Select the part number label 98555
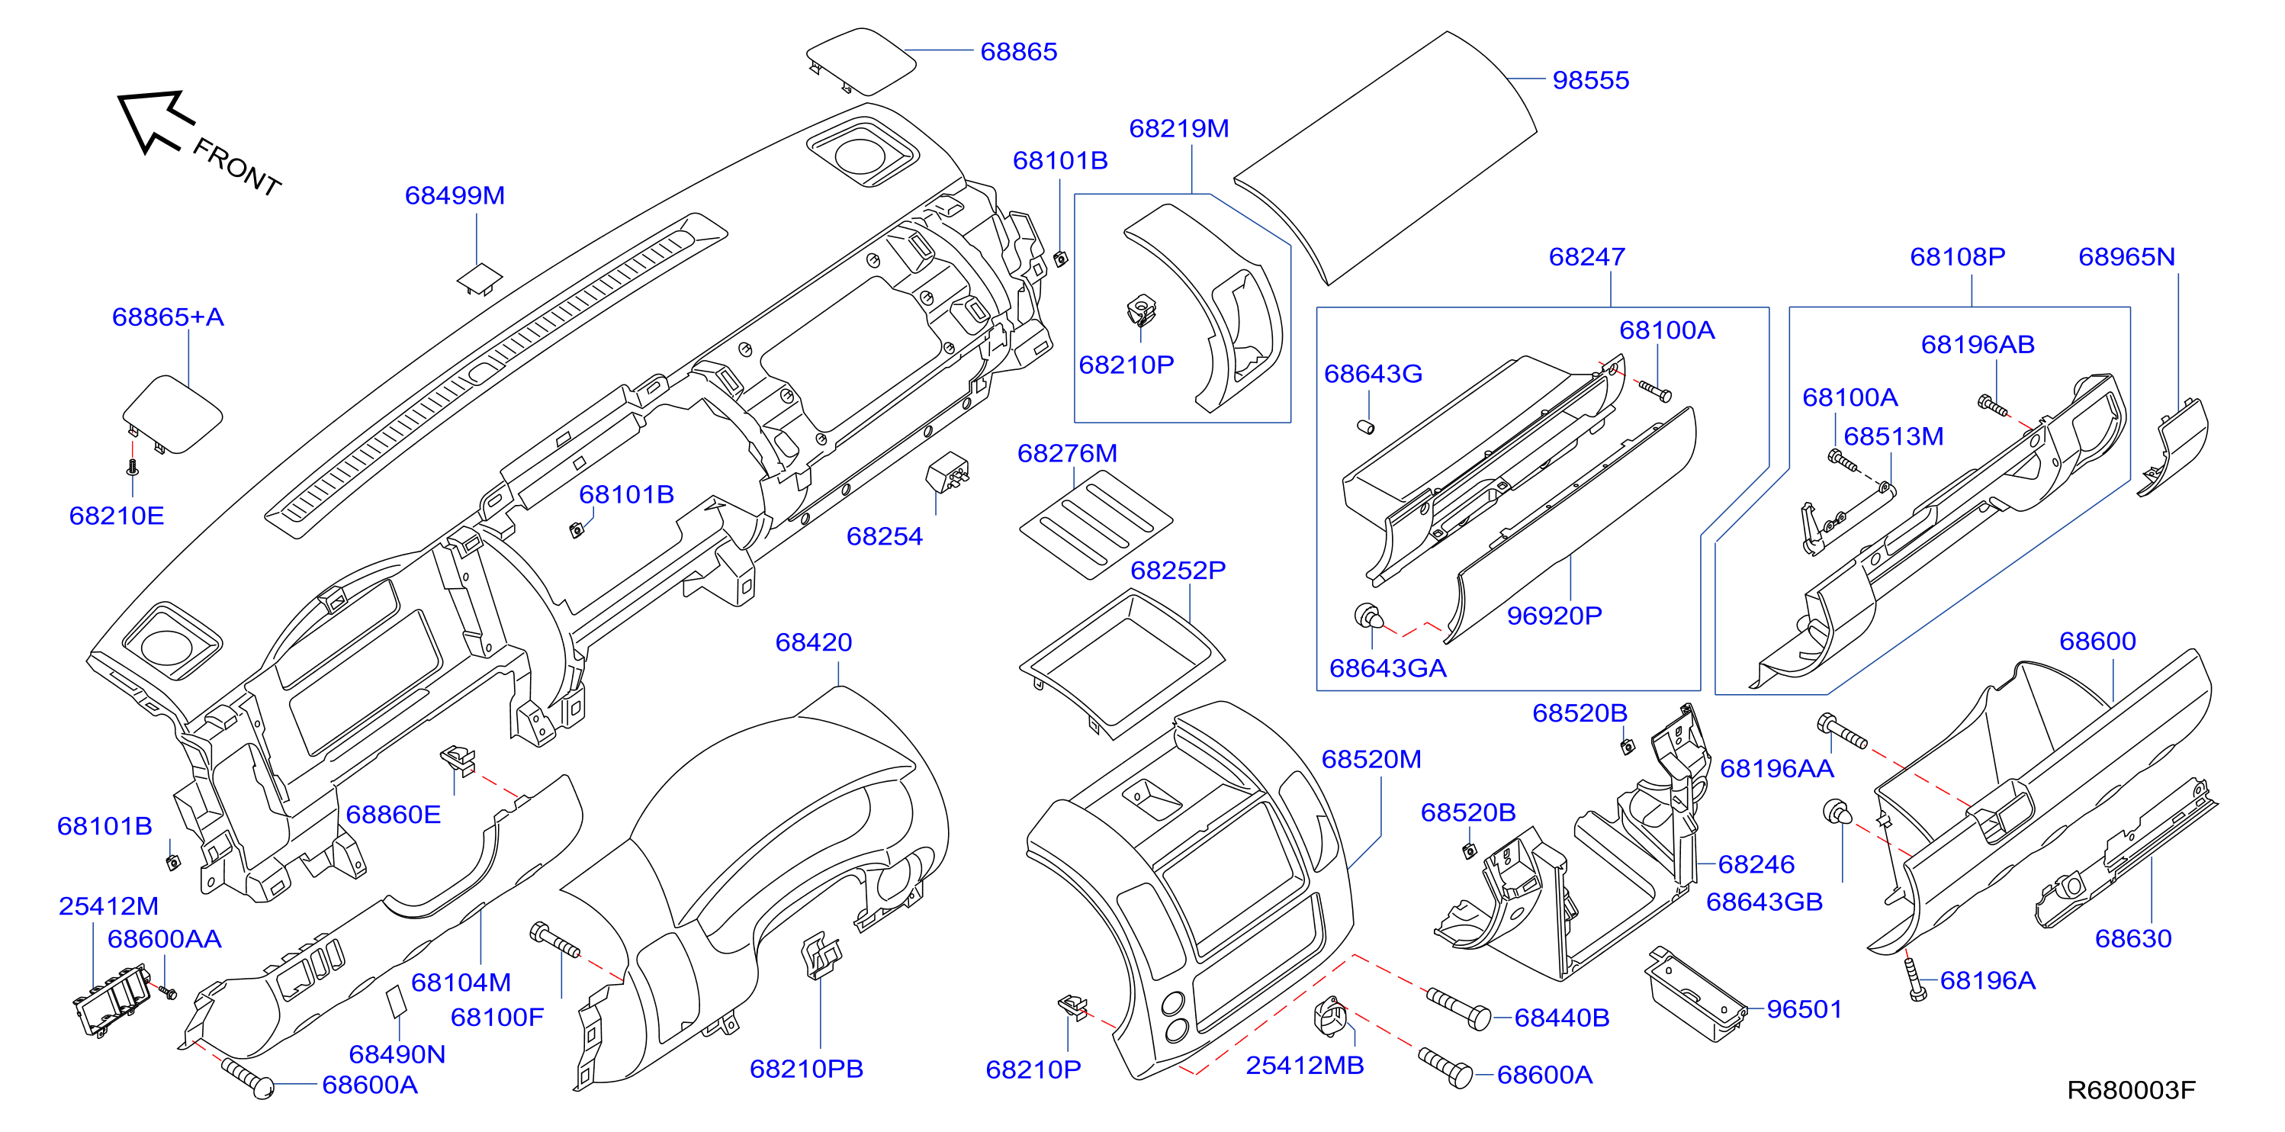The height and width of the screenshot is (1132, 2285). pyautogui.click(x=1590, y=81)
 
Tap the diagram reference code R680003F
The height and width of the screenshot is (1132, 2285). pyautogui.click(x=2131, y=1090)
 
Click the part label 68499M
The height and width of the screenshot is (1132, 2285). pyautogui.click(x=455, y=195)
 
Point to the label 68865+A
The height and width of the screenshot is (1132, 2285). pyautogui.click(x=168, y=317)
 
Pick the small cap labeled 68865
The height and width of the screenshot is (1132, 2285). pyautogui.click(x=860, y=60)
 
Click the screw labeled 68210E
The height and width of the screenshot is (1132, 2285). pyautogui.click(x=133, y=467)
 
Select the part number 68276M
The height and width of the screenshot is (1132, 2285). pyautogui.click(x=1067, y=453)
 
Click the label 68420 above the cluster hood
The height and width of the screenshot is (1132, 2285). pyautogui.click(x=814, y=642)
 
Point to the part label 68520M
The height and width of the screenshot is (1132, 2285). pyautogui.click(x=1371, y=760)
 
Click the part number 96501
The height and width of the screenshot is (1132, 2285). pyautogui.click(x=1805, y=1010)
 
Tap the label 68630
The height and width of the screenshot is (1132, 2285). pyautogui.click(x=2133, y=938)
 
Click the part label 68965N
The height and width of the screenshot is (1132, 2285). pyautogui.click(x=2127, y=257)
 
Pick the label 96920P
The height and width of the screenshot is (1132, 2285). pyautogui.click(x=1554, y=616)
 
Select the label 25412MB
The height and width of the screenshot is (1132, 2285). pyautogui.click(x=1305, y=1066)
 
